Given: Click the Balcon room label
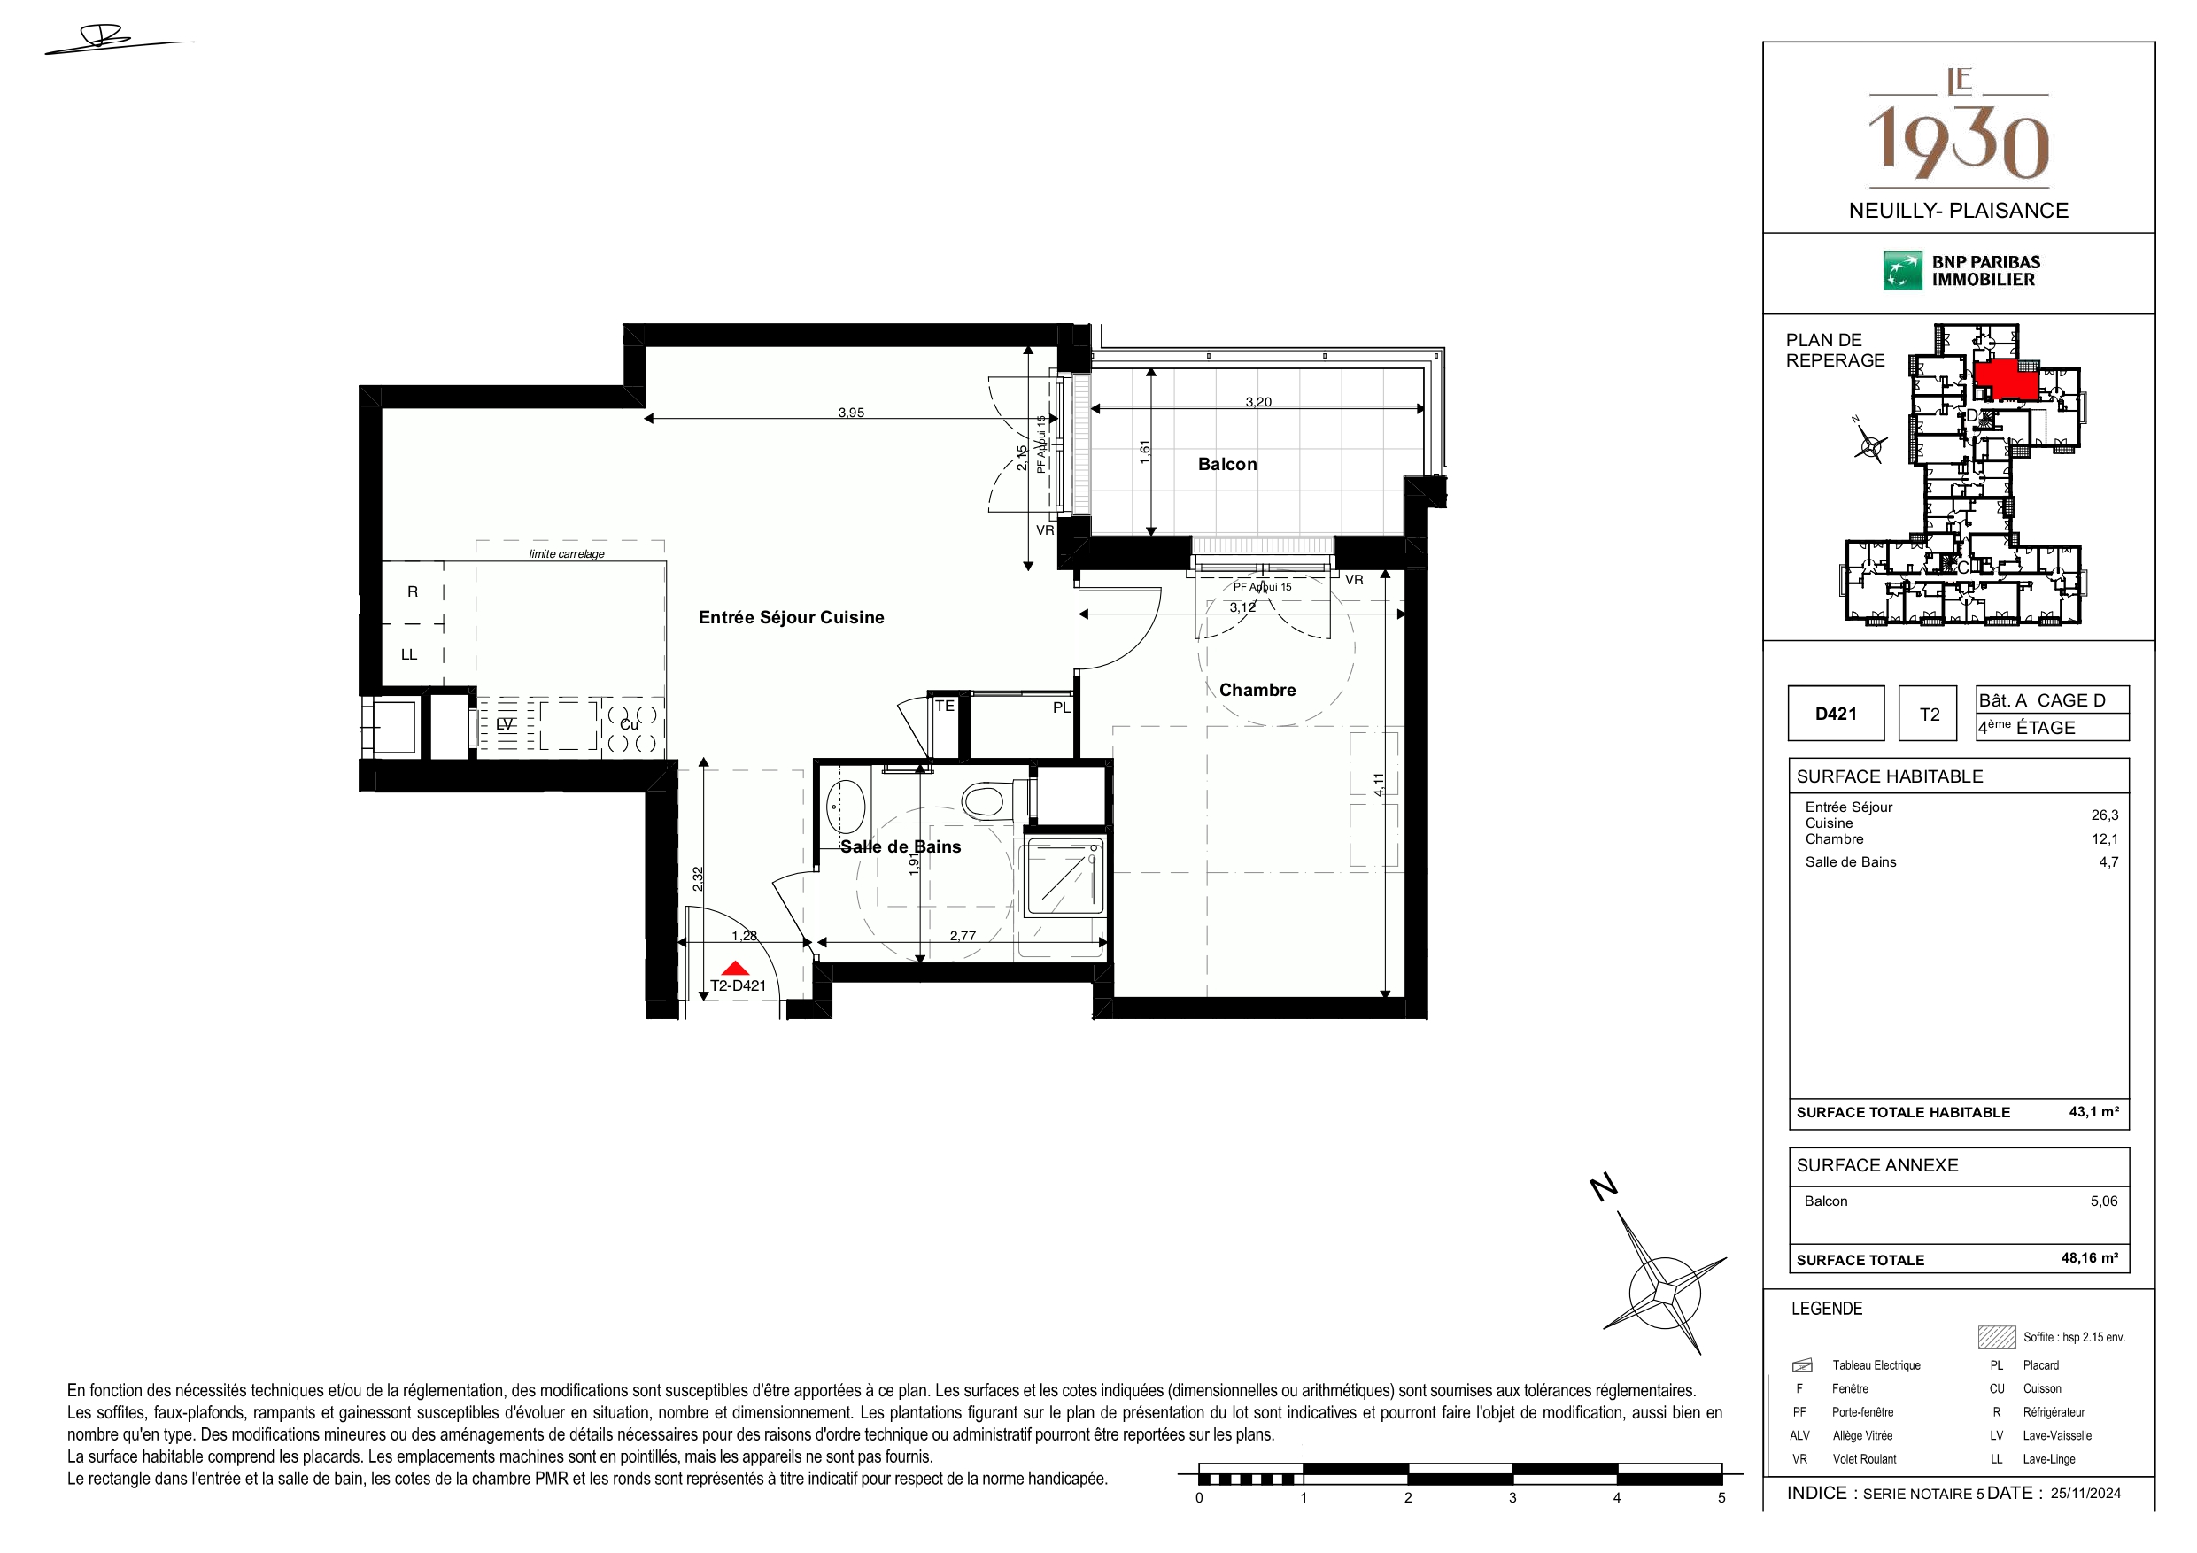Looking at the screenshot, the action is tap(1226, 464).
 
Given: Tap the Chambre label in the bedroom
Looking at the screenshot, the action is tap(1257, 690).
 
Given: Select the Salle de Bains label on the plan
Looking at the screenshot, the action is tap(901, 846).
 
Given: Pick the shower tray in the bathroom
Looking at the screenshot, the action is tap(1064, 877).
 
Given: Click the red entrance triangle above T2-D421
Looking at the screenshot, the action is tap(735, 969).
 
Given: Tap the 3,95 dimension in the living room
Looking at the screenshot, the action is tap(851, 413).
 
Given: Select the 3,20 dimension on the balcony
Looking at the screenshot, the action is tap(1258, 402).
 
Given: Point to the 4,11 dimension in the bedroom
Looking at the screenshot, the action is tap(1378, 784).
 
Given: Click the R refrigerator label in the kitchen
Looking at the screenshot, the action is tap(413, 591).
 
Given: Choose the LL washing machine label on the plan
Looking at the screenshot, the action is tap(408, 654).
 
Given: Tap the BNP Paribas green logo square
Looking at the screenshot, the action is tap(1902, 271).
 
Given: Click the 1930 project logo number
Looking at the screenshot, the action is tap(1959, 143).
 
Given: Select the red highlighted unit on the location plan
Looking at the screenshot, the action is tap(2006, 380).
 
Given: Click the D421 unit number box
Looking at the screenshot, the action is tap(1836, 713).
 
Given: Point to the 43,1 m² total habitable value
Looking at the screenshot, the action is tap(2093, 1112).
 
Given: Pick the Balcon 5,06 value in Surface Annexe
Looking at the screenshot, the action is tap(2103, 1201).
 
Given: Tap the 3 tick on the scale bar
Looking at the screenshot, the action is tap(1512, 1497).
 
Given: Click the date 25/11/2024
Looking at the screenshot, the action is tap(2085, 1493).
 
